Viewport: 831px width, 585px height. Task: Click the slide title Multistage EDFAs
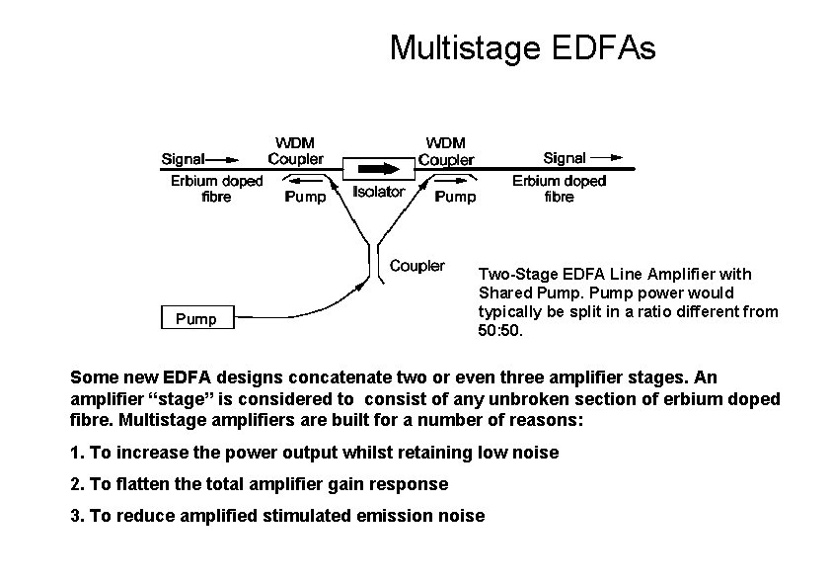tap(522, 47)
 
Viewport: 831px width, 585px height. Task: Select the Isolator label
tap(379, 192)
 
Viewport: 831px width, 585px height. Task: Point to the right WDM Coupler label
tap(446, 150)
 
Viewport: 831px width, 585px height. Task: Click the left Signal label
tap(184, 157)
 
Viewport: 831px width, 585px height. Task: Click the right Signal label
tap(565, 157)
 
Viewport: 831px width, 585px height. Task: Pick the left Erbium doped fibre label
tap(216, 188)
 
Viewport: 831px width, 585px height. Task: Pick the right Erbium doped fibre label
tap(559, 188)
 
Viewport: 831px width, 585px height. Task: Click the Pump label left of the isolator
tap(304, 197)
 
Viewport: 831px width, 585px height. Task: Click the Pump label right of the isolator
tap(455, 197)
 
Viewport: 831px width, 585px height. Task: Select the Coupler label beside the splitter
tap(416, 265)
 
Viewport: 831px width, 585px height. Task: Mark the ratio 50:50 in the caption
tap(496, 331)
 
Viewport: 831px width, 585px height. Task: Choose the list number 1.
tap(77, 453)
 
